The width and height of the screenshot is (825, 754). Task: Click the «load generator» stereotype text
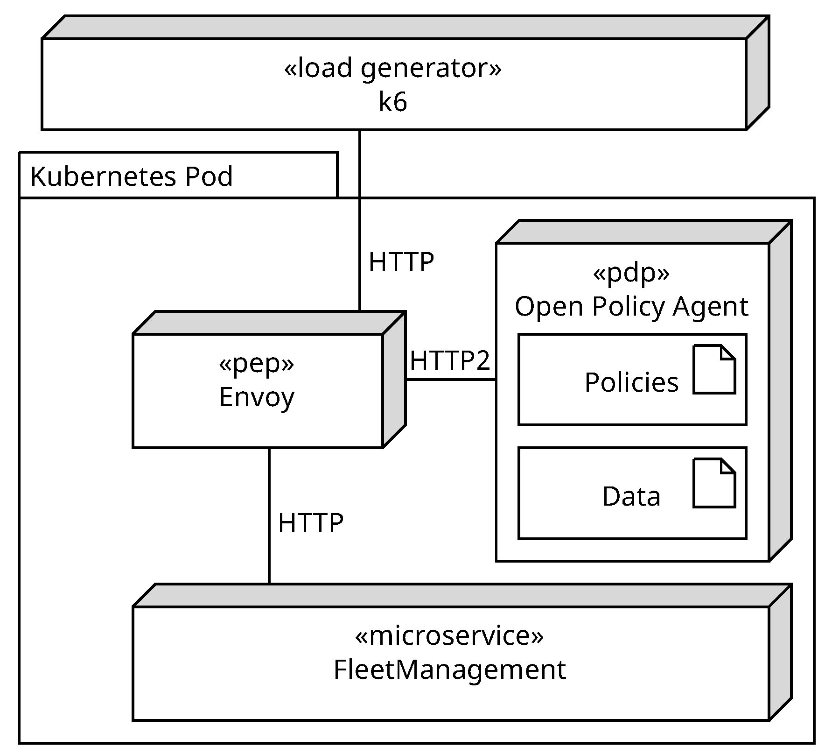392,68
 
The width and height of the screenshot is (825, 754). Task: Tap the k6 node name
392,102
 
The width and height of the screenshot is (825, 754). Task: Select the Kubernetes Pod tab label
131,176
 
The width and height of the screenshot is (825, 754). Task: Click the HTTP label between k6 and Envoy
401,262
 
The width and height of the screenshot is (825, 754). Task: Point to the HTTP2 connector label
450,360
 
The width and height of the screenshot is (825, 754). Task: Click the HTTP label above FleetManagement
310,523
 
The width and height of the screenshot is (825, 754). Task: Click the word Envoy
256,397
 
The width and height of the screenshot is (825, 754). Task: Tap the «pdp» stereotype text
631,273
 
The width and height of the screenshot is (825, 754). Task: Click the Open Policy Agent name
631,307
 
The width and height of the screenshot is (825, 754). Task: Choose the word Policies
631,382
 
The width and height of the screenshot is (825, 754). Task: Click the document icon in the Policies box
713,369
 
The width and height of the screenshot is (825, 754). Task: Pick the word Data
631,496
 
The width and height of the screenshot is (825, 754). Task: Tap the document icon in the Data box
713,483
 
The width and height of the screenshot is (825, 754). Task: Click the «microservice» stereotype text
449,635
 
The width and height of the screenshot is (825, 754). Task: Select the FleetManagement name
449,669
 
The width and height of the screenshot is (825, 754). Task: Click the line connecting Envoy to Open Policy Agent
450,380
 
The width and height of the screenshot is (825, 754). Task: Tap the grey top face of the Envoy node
268,323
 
